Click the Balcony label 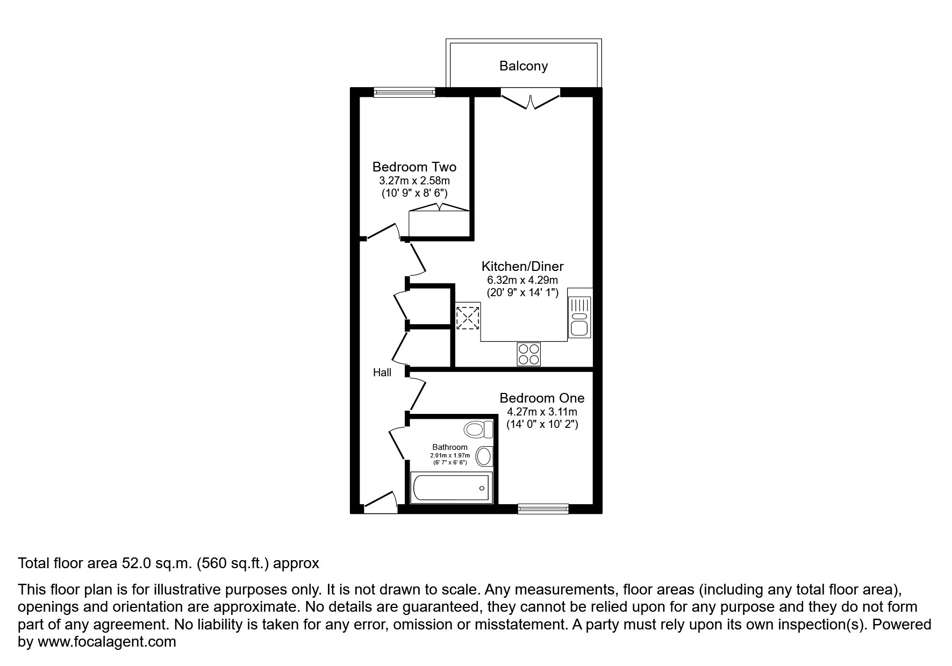pyautogui.click(x=523, y=66)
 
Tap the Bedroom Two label pyautogui.click(x=414, y=167)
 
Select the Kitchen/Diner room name pyautogui.click(x=522, y=266)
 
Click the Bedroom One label pyautogui.click(x=542, y=398)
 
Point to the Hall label pyautogui.click(x=382, y=373)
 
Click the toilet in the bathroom pyautogui.click(x=478, y=429)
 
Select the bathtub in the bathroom pyautogui.click(x=451, y=488)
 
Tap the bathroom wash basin pyautogui.click(x=484, y=456)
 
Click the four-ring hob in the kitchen pyautogui.click(x=528, y=354)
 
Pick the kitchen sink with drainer pyautogui.click(x=579, y=317)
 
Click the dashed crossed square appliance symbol pyautogui.click(x=468, y=317)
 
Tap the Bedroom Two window pyautogui.click(x=404, y=92)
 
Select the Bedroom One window pyautogui.click(x=543, y=508)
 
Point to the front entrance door pyautogui.click(x=381, y=501)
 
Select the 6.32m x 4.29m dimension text pyautogui.click(x=522, y=280)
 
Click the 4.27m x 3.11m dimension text pyautogui.click(x=542, y=412)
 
